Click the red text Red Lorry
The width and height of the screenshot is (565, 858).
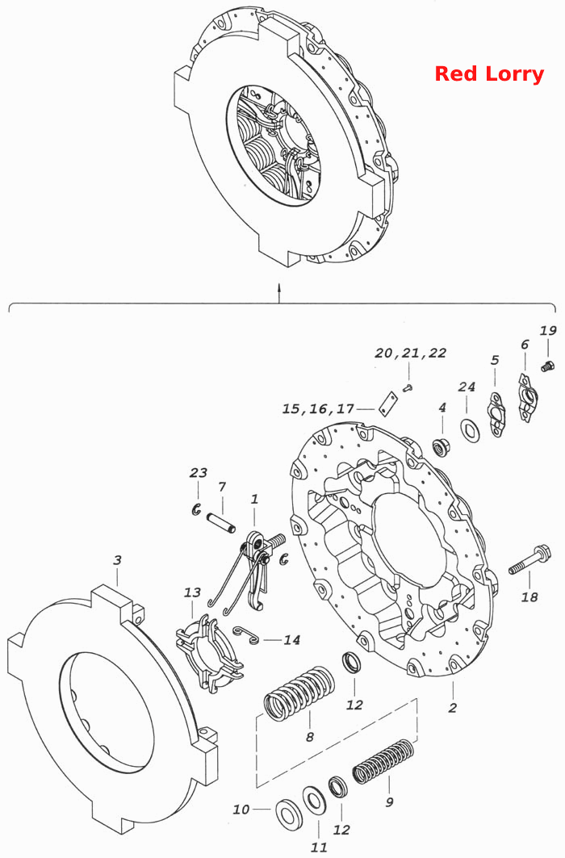(489, 74)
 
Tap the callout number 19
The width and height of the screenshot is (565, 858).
(547, 331)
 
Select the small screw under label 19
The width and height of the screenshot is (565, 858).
(546, 366)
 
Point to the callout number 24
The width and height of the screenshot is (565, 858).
(467, 387)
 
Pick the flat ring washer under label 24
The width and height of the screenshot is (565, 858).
(470, 429)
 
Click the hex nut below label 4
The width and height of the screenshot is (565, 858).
(441, 446)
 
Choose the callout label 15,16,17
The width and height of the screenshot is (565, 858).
(318, 408)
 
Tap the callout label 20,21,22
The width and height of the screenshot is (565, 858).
(410, 354)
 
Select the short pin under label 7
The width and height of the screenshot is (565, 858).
(221, 522)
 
